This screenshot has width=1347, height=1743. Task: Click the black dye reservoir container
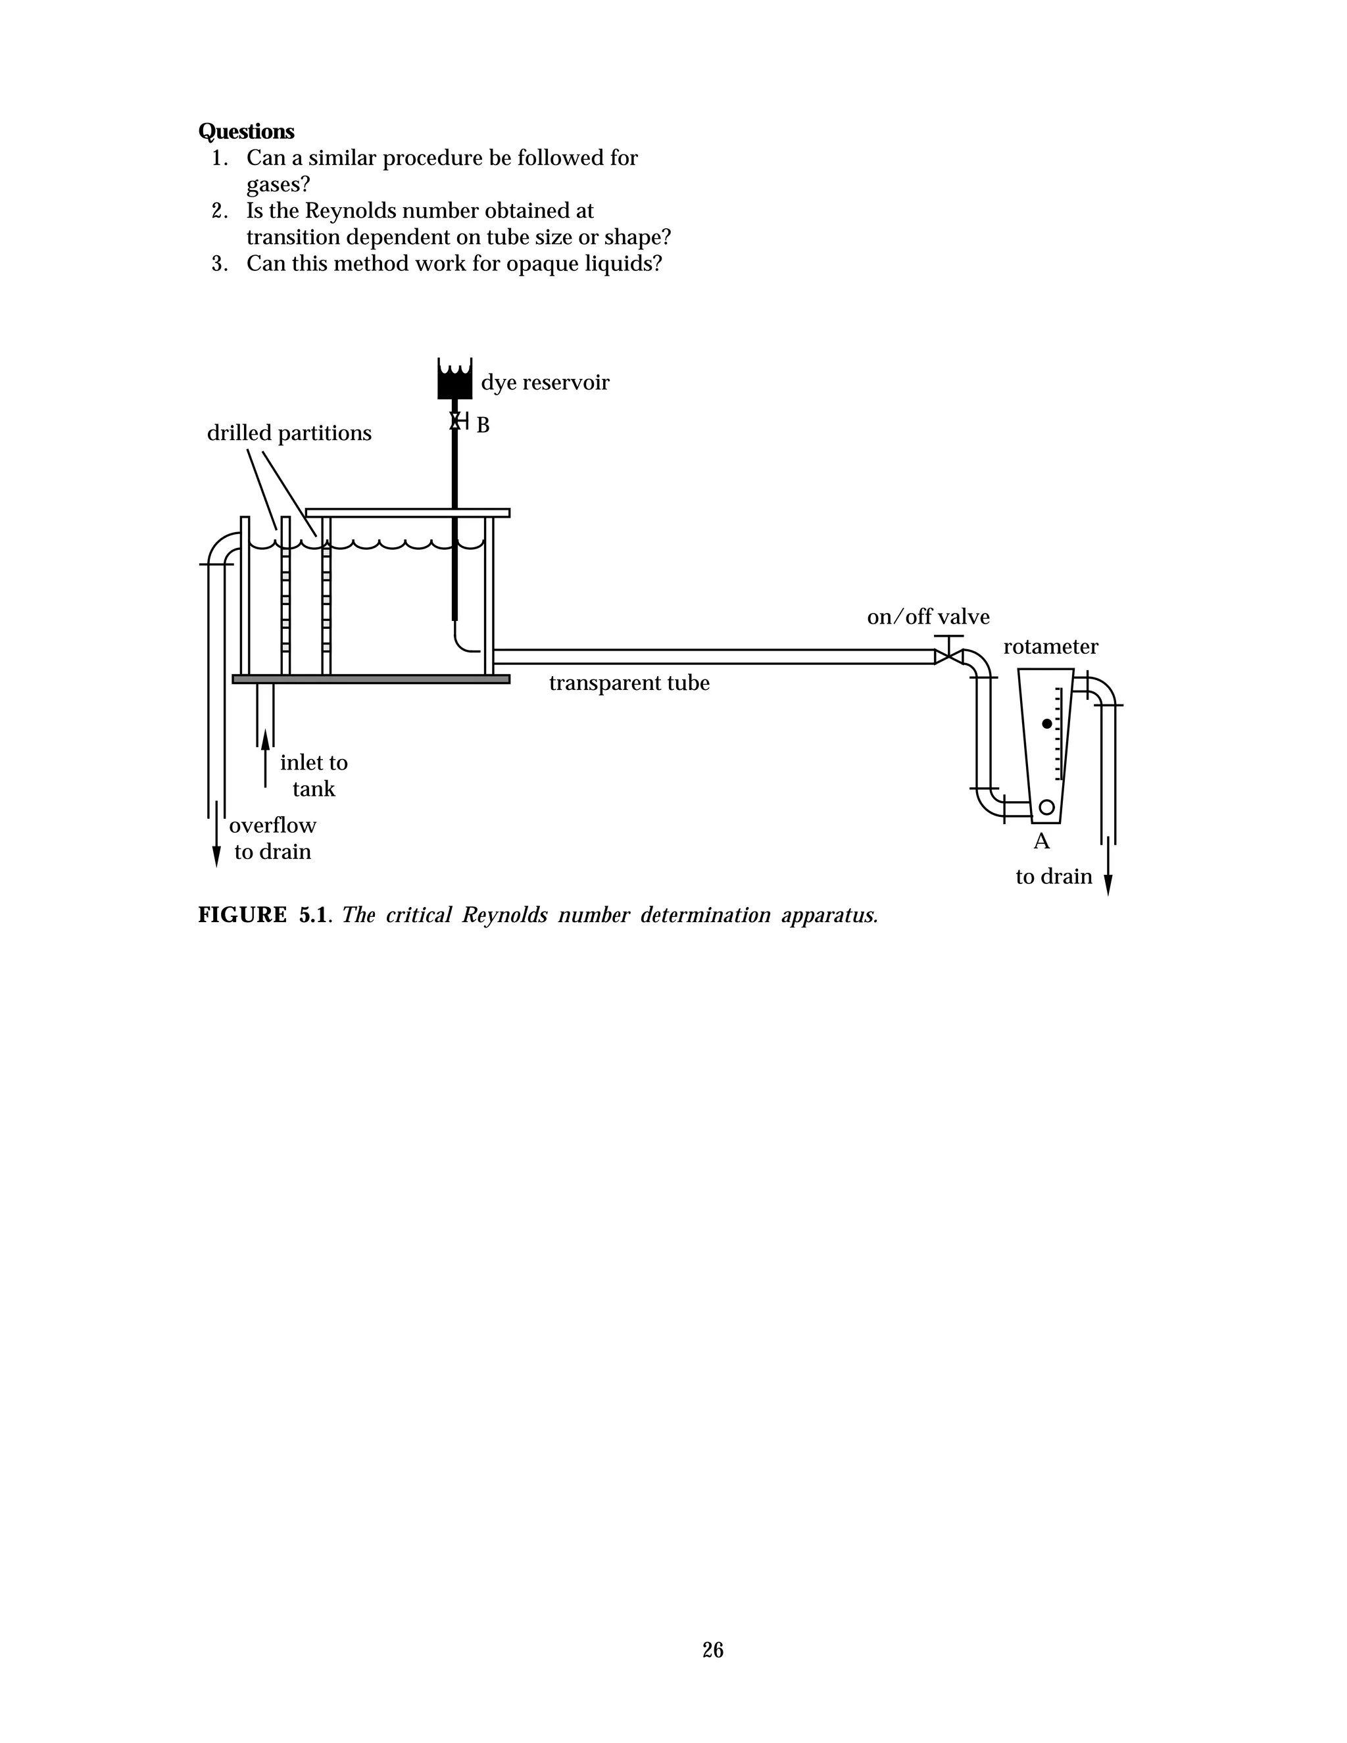pos(454,381)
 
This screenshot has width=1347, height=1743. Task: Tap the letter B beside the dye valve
pos(483,426)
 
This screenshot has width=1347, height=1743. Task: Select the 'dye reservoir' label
pos(545,383)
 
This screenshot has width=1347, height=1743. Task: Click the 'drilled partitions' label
pos(289,433)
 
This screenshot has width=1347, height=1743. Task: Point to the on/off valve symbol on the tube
pos(948,656)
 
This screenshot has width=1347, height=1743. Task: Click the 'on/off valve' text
pos(928,617)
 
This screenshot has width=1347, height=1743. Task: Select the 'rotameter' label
pos(1050,647)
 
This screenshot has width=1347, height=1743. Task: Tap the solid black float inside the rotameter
pos(1047,724)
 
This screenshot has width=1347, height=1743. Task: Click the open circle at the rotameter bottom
pos(1046,808)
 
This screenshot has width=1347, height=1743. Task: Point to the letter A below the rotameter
pos(1041,841)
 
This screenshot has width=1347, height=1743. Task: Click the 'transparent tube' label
pos(629,683)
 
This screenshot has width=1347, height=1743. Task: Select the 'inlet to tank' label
pos(314,775)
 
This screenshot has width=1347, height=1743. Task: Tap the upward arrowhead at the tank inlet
pos(265,738)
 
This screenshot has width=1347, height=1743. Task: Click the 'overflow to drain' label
pos(272,838)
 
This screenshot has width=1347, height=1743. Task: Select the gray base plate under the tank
pos(370,679)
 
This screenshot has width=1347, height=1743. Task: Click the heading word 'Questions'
pos(246,132)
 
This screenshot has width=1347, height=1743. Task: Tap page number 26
pos(712,1650)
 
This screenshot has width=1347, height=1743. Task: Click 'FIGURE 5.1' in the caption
pos(262,915)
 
